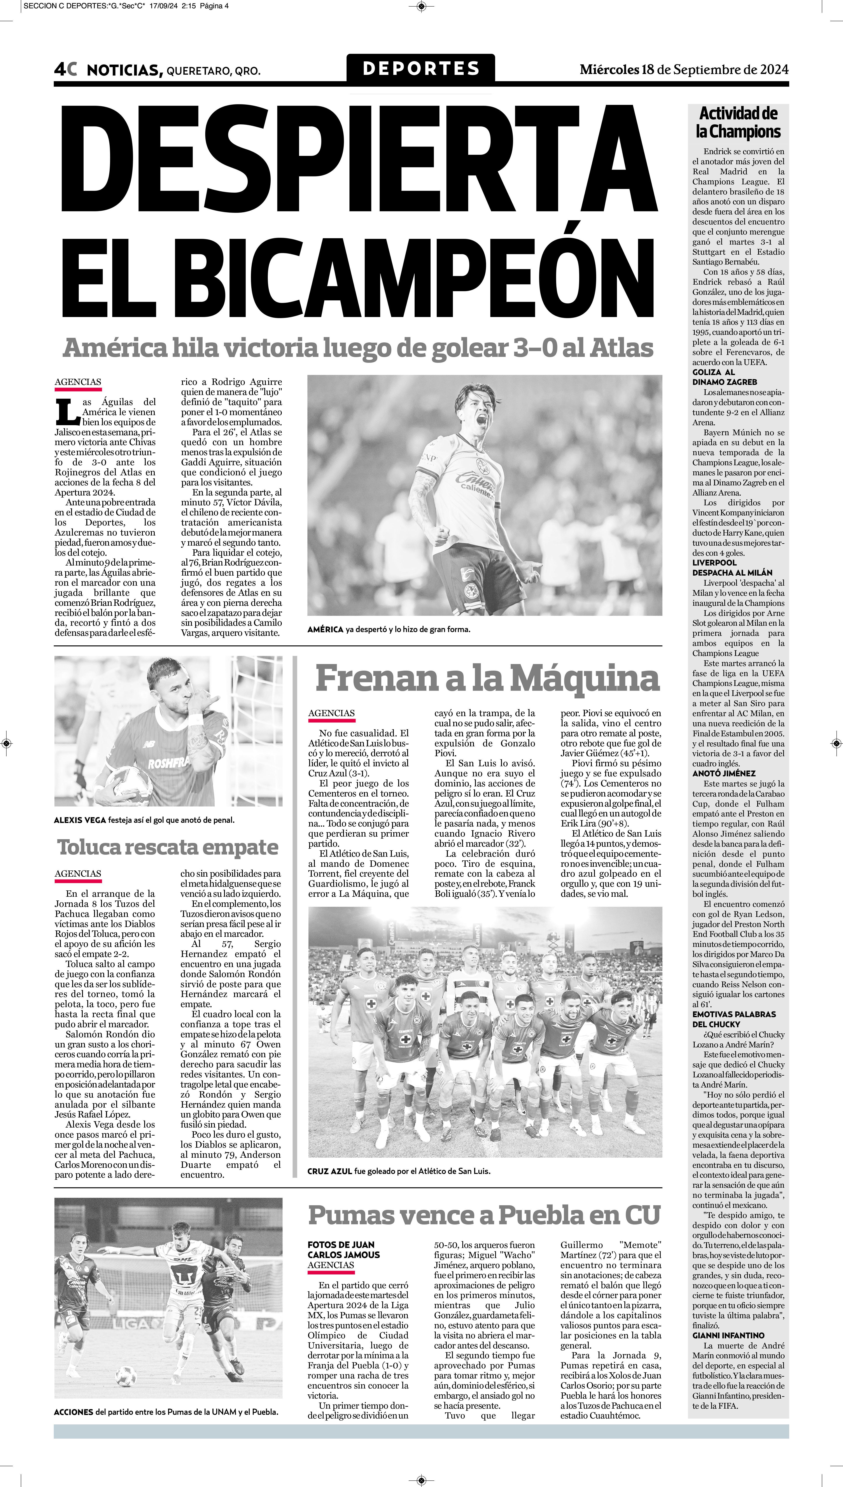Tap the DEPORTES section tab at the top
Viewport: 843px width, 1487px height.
click(421, 68)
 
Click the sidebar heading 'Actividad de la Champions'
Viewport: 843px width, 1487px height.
click(738, 122)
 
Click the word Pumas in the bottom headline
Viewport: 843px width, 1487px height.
click(346, 1215)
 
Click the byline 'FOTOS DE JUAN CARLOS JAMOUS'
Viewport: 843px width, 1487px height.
click(343, 1249)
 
